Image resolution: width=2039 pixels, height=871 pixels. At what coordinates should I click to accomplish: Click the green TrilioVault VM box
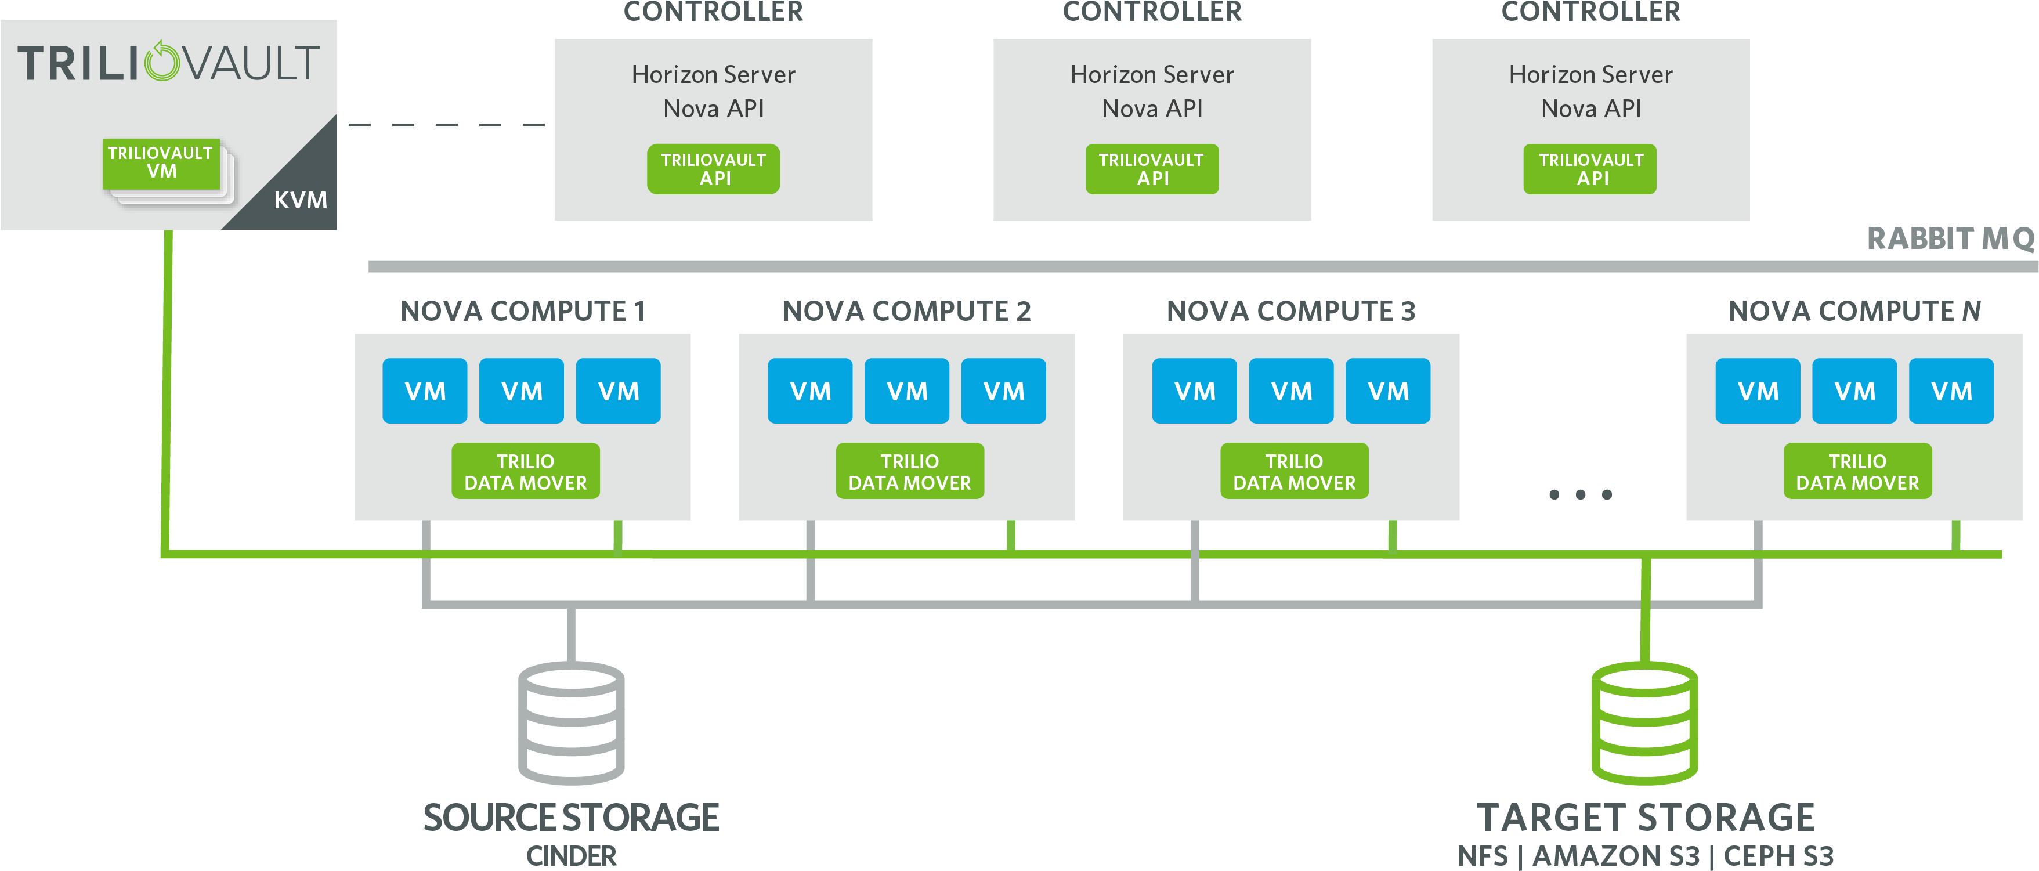coord(161,164)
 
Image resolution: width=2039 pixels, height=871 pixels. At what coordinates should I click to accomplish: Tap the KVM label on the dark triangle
coord(301,200)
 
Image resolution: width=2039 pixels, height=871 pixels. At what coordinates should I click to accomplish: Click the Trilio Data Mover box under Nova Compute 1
coord(526,471)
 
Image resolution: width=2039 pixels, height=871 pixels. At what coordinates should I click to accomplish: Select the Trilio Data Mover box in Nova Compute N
coord(1858,471)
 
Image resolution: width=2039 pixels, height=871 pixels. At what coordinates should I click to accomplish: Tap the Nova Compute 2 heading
coord(907,311)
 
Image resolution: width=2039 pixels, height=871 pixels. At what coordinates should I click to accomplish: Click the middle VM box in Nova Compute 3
coord(1291,391)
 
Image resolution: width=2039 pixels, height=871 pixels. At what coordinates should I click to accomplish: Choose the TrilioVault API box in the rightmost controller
coord(1590,169)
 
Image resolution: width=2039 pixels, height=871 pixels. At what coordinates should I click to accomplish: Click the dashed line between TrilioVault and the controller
coord(446,124)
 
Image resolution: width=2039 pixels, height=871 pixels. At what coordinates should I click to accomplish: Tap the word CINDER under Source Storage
coord(572,856)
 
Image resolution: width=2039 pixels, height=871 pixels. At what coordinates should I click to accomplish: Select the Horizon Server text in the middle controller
coord(1152,74)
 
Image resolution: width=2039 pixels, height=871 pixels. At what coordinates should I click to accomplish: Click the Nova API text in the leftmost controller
coord(714,109)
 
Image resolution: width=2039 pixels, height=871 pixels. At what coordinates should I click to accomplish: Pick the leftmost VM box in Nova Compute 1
coord(425,391)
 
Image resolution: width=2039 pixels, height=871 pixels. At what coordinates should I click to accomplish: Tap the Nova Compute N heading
coord(1854,311)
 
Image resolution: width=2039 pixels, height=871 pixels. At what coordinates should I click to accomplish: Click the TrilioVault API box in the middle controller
coord(1152,169)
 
